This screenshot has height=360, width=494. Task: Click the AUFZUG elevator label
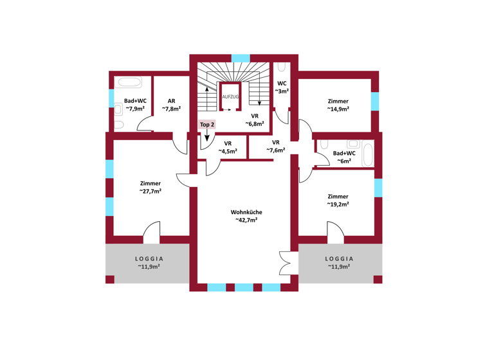[x=230, y=96]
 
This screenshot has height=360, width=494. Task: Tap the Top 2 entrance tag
[x=206, y=124]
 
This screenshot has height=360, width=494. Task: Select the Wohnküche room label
[x=246, y=212]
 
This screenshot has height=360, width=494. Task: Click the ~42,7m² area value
[x=246, y=221]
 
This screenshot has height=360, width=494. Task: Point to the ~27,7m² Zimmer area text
[x=150, y=191]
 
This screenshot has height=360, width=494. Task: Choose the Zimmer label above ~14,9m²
[x=338, y=101]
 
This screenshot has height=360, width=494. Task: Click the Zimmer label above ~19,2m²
[x=338, y=197]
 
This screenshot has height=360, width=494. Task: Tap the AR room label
[x=171, y=101]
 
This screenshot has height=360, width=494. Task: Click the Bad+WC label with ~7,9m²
[x=135, y=101]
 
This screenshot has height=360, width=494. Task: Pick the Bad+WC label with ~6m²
[x=344, y=154]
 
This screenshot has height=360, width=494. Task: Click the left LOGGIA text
[x=148, y=259]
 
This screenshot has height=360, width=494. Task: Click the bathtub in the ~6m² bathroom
[x=368, y=154]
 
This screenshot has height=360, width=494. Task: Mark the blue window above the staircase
[x=241, y=58]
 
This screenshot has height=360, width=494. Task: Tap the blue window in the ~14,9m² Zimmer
[x=375, y=102]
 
